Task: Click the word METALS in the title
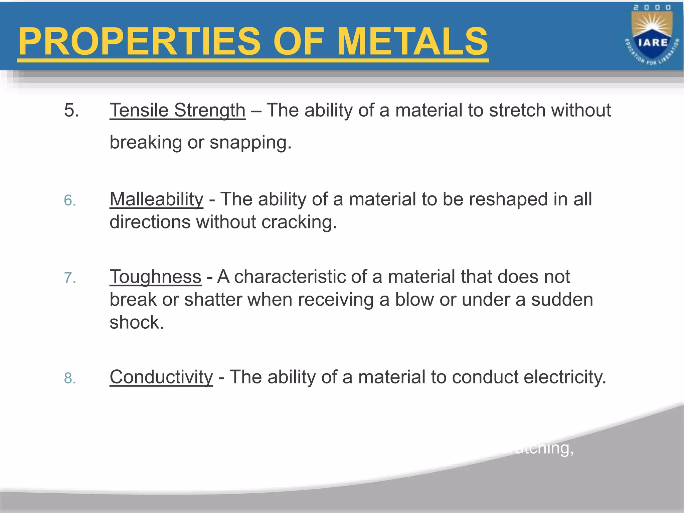[x=412, y=42]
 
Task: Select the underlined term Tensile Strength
[x=177, y=110]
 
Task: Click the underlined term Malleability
[x=156, y=199]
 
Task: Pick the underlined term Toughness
[x=155, y=277]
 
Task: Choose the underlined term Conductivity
[x=161, y=377]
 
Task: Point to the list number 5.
[x=71, y=110]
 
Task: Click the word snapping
[x=250, y=143]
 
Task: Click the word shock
[x=137, y=322]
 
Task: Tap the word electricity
[x=564, y=377]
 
